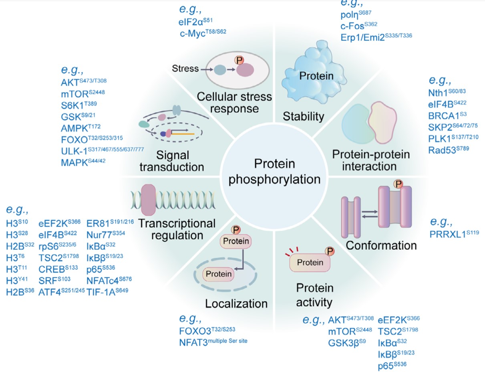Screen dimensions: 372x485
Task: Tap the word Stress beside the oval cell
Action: coord(185,68)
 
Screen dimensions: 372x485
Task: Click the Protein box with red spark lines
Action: coord(310,263)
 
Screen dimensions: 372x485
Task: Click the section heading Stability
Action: coord(303,117)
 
